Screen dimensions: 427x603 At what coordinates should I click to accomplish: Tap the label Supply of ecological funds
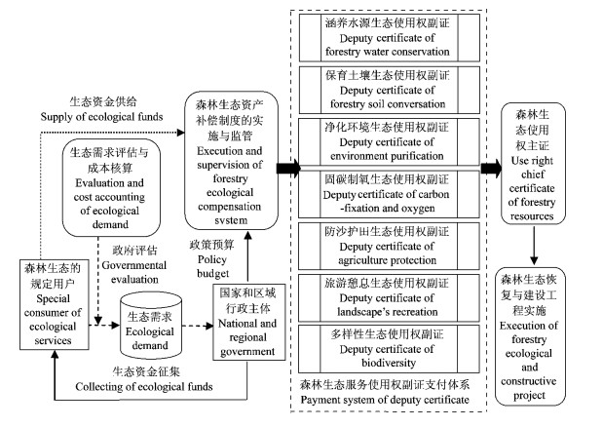tap(107, 109)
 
